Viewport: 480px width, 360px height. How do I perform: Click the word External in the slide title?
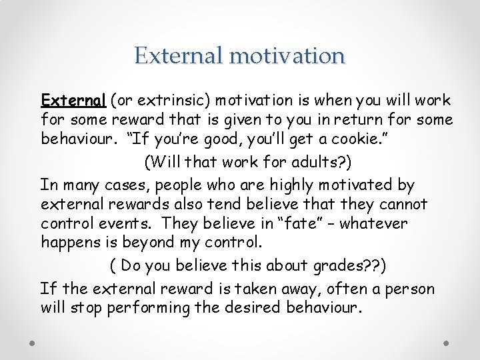tap(178, 55)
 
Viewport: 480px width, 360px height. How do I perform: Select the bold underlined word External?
tap(73, 101)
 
